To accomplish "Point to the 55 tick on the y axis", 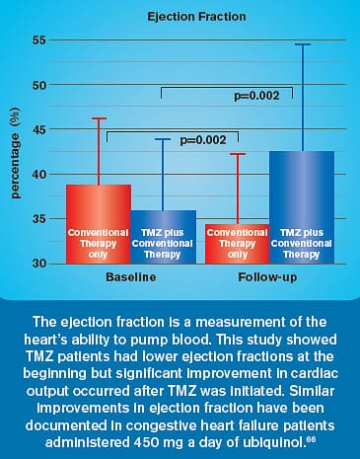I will tap(40, 40).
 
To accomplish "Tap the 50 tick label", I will tap(40, 85).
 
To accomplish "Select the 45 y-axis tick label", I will tap(40, 129).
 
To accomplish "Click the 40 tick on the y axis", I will tap(40, 174).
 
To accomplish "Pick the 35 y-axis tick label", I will tap(40, 218).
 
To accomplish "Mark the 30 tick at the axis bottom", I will tap(40, 263).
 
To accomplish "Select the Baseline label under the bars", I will tap(130, 278).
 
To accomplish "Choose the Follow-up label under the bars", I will tap(269, 278).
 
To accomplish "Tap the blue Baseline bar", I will tap(163, 237).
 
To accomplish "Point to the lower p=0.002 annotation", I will tap(203, 141).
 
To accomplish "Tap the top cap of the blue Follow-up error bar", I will tap(301, 44).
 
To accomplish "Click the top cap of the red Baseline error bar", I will tap(98, 118).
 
